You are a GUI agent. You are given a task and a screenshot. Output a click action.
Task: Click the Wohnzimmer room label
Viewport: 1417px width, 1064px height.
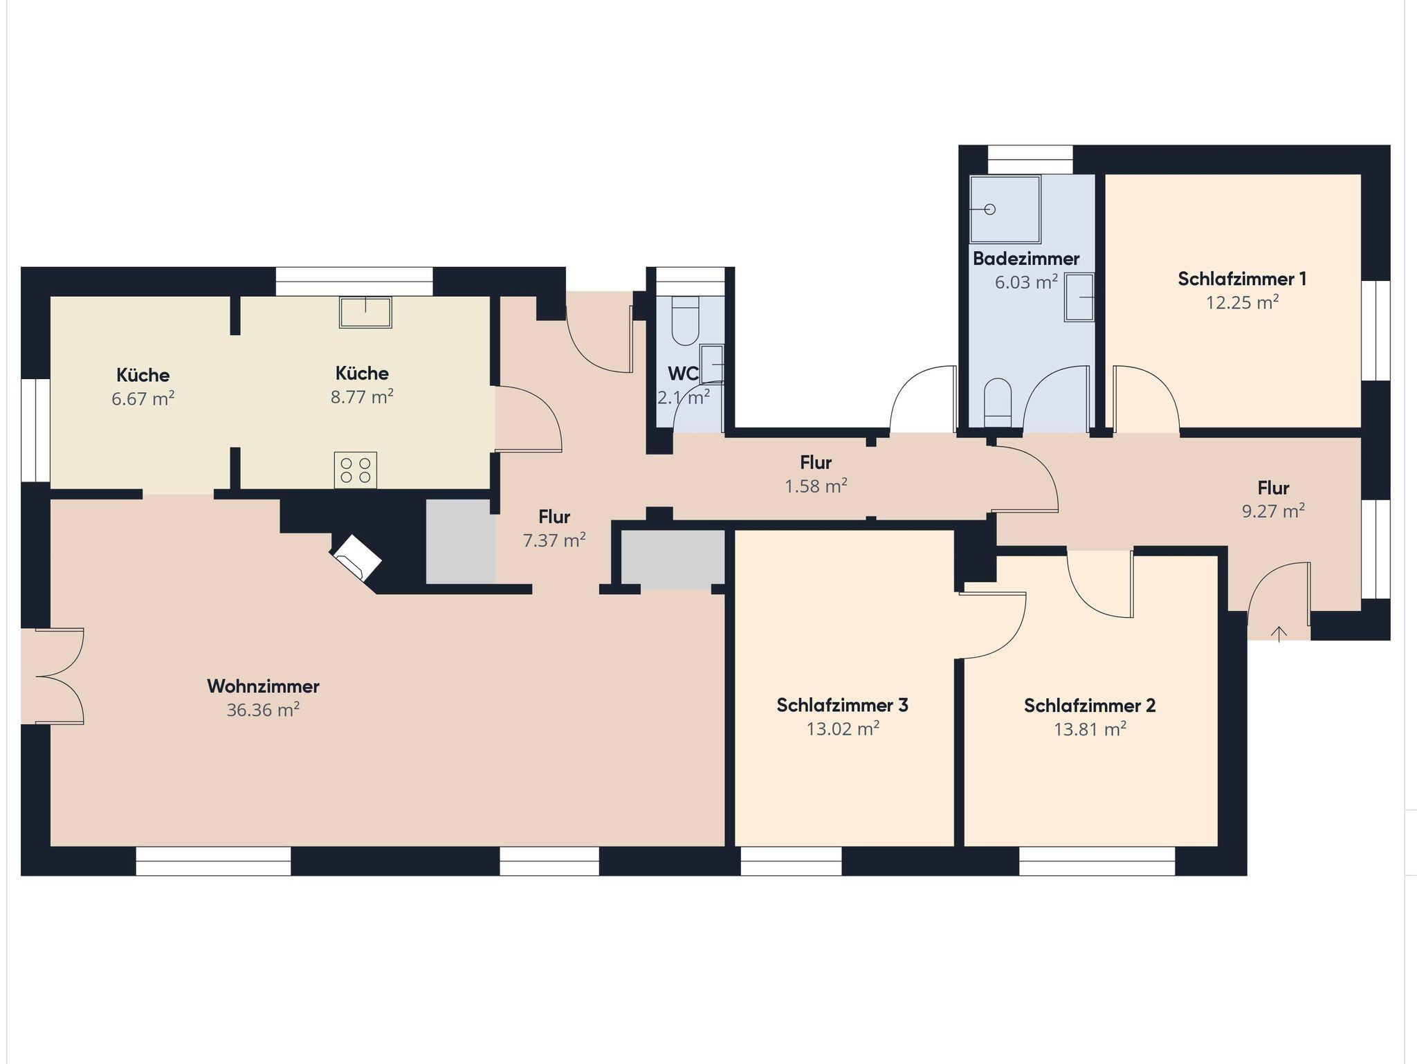[263, 686]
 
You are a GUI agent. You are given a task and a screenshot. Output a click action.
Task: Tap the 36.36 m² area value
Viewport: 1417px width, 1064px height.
[263, 710]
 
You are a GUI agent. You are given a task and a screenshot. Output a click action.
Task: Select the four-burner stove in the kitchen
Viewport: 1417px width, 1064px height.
[356, 470]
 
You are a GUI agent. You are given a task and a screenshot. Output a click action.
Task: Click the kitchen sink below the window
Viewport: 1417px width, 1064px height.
[365, 312]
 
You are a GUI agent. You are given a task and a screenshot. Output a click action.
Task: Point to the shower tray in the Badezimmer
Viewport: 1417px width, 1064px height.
[1005, 208]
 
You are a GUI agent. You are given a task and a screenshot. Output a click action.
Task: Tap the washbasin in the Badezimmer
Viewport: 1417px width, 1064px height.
[1079, 297]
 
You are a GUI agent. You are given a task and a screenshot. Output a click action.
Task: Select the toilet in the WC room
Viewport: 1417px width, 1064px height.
[686, 322]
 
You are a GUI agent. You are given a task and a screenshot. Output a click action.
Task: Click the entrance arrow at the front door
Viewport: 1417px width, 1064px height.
[1279, 633]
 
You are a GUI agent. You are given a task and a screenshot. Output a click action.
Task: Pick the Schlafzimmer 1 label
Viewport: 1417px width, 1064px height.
[1242, 279]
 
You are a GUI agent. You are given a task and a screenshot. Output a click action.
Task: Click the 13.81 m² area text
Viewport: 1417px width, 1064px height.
[1090, 729]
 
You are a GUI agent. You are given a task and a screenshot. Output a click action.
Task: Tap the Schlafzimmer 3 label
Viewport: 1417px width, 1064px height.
[842, 705]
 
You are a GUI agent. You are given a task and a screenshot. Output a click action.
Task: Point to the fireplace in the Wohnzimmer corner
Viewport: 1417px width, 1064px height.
[357, 557]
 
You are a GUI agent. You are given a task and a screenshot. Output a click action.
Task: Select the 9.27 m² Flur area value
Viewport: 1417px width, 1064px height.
[1273, 511]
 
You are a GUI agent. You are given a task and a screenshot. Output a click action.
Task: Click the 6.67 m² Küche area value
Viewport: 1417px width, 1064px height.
[143, 398]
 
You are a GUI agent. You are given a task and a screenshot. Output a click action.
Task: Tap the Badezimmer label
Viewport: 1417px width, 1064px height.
[1026, 259]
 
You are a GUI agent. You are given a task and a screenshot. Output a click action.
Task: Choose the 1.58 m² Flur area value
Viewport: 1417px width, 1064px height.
[816, 486]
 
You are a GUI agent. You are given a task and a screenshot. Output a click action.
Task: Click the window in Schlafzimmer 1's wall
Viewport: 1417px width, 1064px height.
[1376, 330]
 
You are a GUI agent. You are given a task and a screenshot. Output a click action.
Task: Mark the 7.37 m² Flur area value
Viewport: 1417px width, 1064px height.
[554, 540]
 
